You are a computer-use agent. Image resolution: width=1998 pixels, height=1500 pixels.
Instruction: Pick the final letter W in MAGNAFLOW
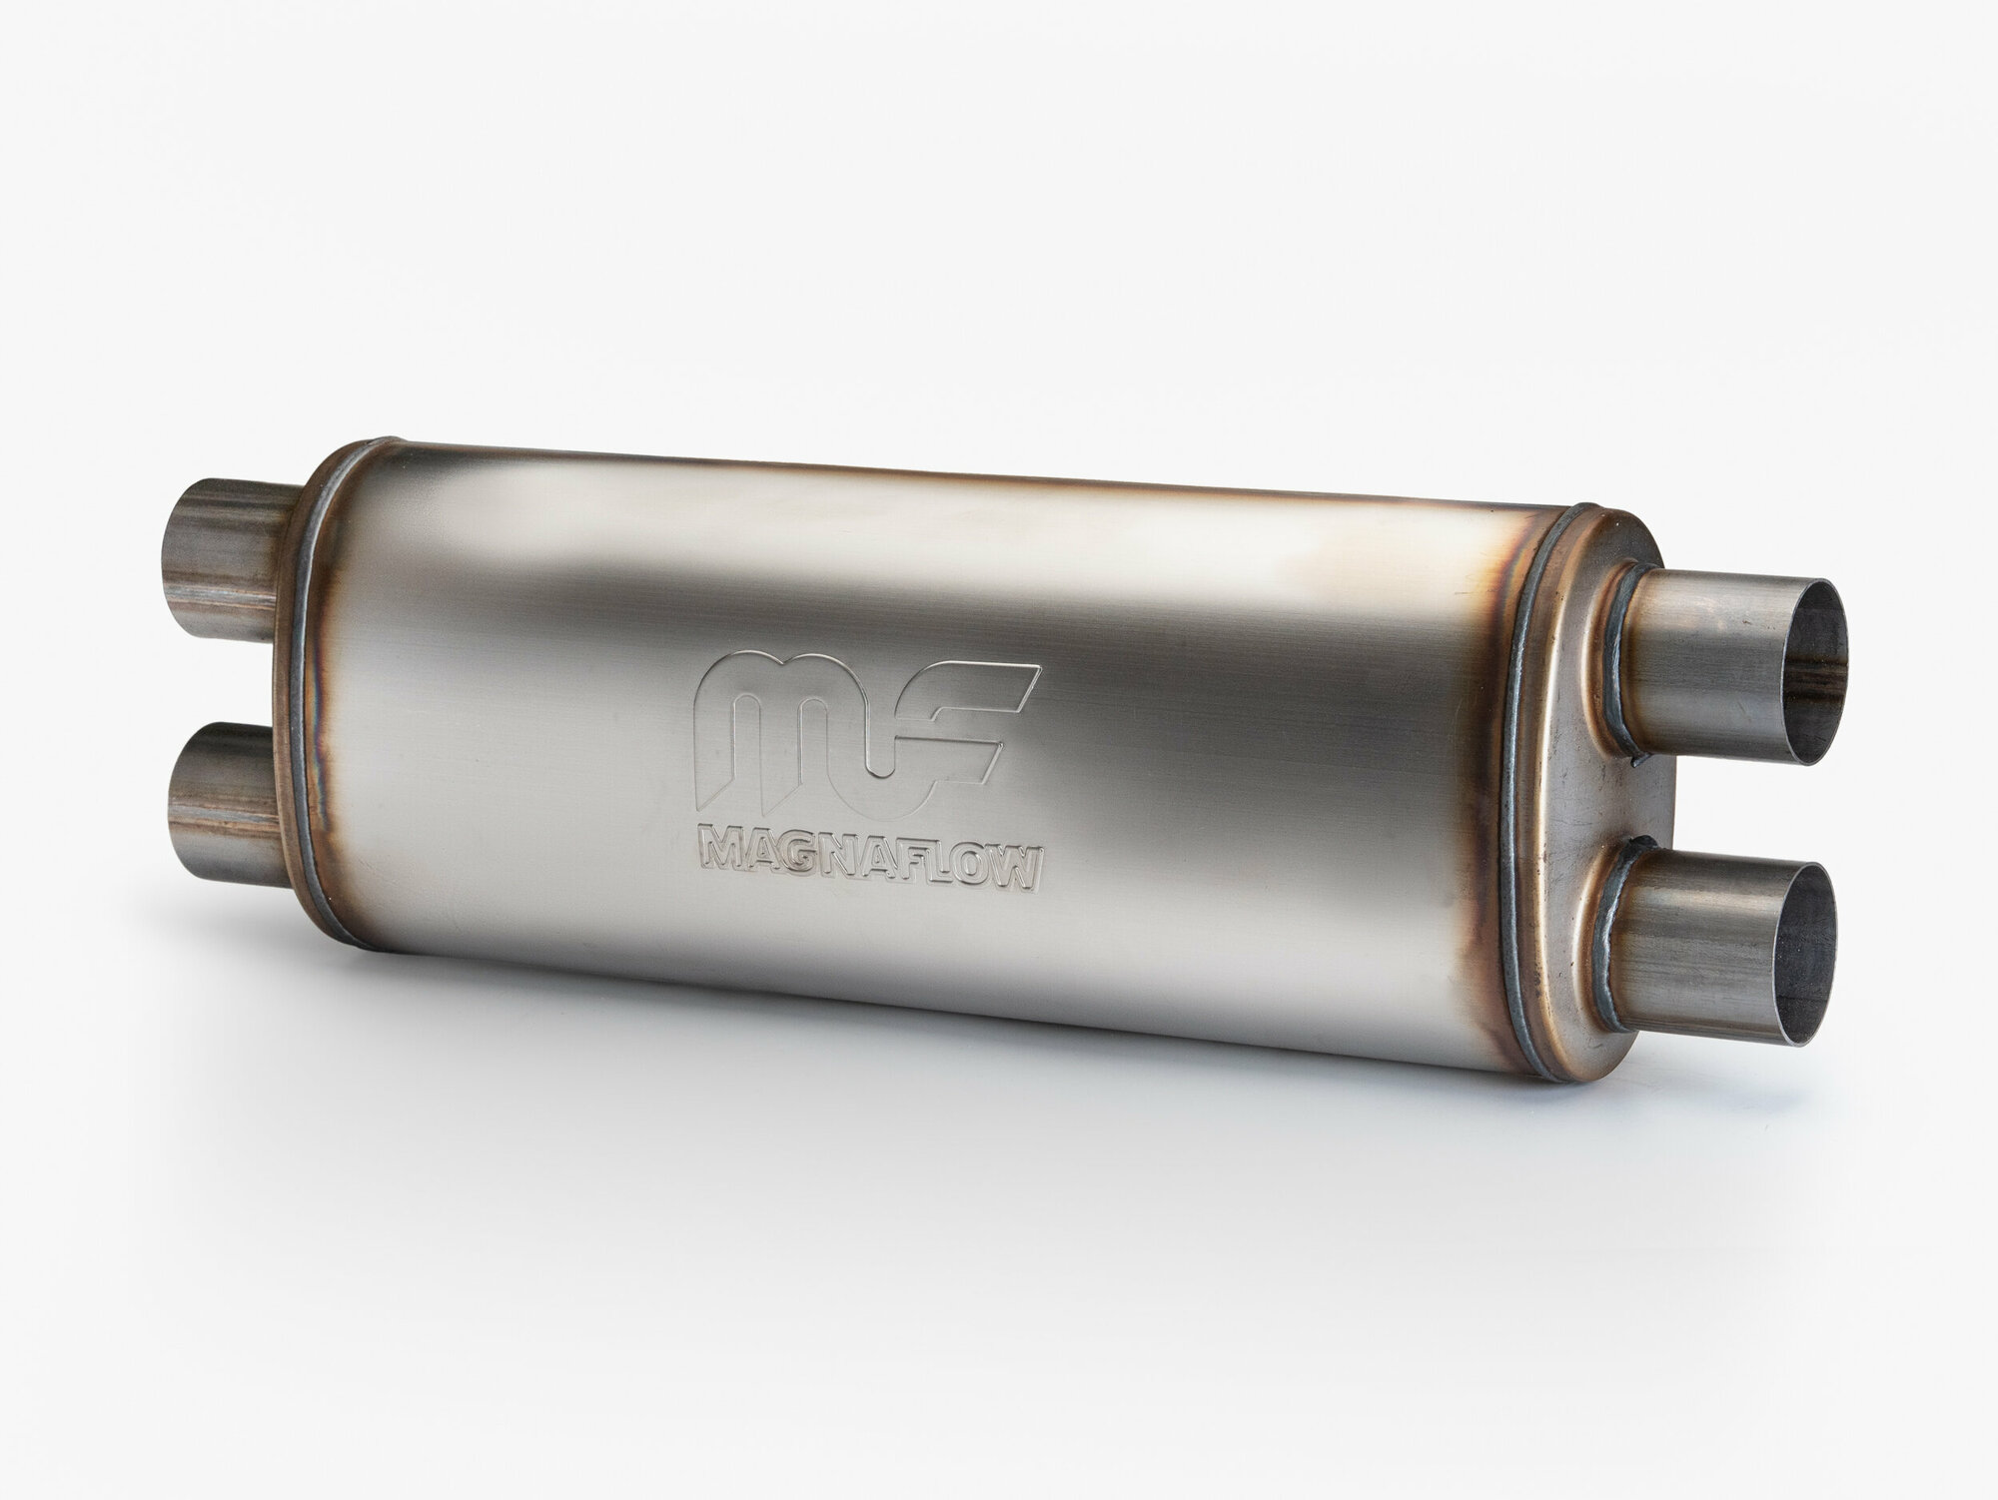point(1011,856)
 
